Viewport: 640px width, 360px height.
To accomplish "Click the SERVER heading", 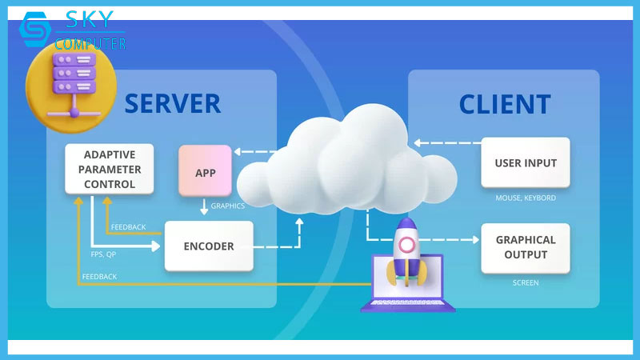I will (172, 103).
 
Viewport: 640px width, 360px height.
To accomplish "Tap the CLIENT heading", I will (505, 104).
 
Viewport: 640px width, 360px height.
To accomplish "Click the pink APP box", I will (205, 171).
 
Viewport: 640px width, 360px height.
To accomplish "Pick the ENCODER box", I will (209, 246).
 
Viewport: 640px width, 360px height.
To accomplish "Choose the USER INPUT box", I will (526, 163).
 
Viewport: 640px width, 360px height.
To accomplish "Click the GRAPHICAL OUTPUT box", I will (526, 247).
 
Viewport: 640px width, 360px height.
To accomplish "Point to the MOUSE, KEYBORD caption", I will (526, 198).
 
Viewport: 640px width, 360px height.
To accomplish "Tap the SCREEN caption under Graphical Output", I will (526, 282).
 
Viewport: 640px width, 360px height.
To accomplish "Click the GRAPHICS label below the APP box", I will (227, 206).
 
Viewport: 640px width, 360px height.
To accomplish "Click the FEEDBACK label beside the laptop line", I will (99, 276).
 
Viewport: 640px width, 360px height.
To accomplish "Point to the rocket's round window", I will (407, 244).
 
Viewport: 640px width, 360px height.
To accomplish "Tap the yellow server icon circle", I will (71, 85).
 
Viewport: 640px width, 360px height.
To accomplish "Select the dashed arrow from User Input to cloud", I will (448, 144).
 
